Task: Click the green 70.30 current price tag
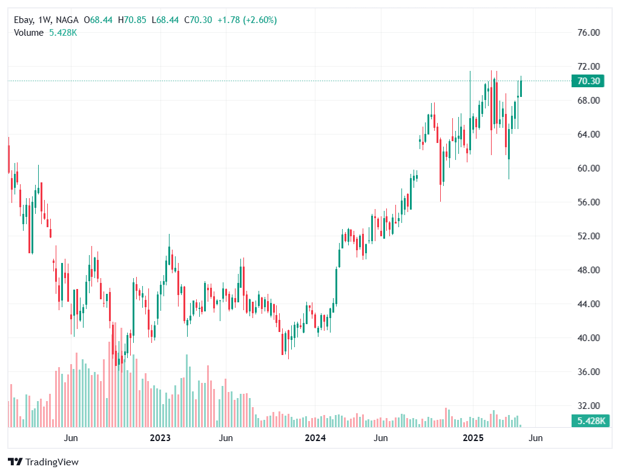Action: [589, 81]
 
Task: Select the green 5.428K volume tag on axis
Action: [589, 420]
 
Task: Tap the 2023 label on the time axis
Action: [160, 437]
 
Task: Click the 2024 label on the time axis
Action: [315, 437]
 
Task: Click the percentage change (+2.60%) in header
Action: [260, 20]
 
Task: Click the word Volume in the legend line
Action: [28, 33]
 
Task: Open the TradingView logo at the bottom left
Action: [44, 462]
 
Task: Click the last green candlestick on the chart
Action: [521, 88]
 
